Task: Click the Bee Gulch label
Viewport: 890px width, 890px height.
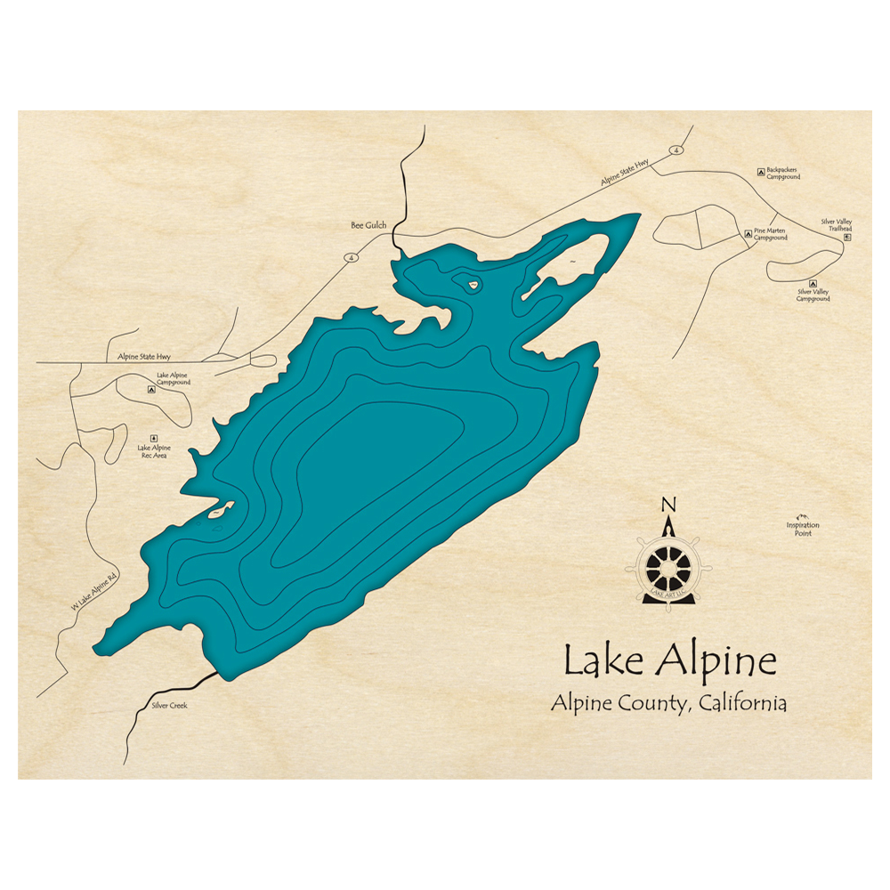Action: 368,226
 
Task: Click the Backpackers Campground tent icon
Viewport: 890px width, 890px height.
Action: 760,171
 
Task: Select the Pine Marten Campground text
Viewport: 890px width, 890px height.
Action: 771,235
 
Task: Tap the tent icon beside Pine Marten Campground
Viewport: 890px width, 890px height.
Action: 748,234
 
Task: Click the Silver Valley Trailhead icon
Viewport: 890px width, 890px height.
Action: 847,238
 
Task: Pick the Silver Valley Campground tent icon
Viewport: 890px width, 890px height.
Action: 813,283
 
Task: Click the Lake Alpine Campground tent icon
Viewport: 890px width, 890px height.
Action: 151,389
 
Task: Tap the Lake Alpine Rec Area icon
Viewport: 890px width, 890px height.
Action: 153,438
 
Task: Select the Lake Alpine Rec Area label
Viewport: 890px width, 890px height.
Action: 153,451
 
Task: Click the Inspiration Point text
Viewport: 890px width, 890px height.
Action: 802,529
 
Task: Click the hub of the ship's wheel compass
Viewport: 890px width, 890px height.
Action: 669,564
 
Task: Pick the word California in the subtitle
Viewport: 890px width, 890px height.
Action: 743,703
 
